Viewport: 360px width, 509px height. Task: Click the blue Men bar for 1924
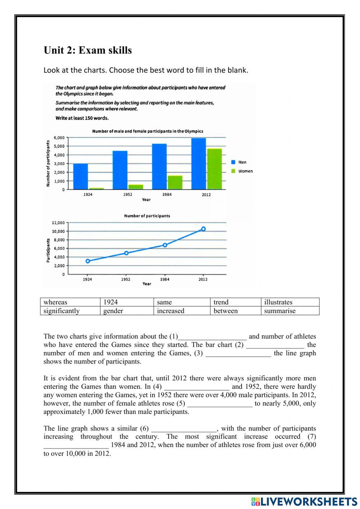tap(80, 177)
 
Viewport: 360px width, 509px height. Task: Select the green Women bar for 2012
tap(214, 169)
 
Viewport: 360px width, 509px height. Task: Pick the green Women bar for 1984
tap(175, 183)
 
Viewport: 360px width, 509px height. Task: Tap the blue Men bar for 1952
tap(120, 170)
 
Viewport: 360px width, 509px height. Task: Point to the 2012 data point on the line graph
tap(203, 229)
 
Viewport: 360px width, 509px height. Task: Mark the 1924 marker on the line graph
tap(88, 261)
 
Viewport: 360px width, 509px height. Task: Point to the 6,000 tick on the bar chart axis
tap(59, 138)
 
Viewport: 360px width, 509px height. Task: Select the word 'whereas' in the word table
tap(55, 302)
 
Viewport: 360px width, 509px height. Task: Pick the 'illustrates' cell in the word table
tap(278, 302)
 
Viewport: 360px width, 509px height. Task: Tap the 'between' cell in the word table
tap(225, 311)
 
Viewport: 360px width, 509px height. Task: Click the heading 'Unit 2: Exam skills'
tap(88, 50)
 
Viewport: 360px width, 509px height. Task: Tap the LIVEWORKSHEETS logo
tap(304, 501)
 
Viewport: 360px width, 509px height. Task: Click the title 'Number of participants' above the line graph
tap(147, 216)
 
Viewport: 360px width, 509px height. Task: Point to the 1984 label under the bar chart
tap(167, 195)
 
